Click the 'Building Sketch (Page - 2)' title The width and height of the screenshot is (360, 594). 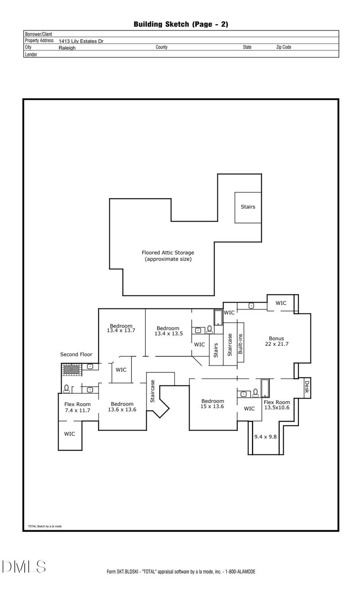(180, 24)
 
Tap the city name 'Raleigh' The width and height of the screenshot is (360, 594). (67, 47)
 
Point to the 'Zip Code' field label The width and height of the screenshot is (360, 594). (283, 47)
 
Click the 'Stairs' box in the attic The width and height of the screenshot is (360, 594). (248, 207)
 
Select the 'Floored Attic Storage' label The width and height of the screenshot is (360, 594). (168, 256)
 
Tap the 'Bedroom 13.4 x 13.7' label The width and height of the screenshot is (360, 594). (121, 328)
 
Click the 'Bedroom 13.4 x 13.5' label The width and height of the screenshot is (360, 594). (168, 331)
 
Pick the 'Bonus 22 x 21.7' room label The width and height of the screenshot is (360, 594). (277, 341)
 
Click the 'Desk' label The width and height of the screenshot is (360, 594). (307, 387)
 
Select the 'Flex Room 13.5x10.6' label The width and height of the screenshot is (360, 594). (277, 405)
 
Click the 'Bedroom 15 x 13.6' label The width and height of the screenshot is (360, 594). (212, 404)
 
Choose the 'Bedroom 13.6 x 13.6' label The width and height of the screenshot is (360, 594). (122, 407)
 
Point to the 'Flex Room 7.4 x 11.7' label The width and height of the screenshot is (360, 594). (77, 407)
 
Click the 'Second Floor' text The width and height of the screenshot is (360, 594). (76, 354)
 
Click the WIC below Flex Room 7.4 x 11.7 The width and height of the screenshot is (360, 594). (69, 434)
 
